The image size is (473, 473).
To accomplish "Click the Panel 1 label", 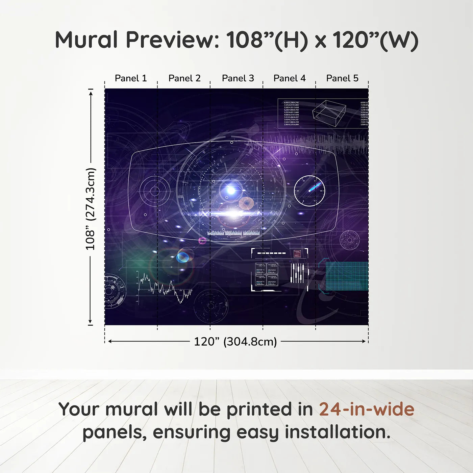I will (131, 78).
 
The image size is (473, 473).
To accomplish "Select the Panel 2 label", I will (184, 78).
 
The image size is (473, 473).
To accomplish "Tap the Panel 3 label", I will (238, 78).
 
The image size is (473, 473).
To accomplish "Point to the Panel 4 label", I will (290, 78).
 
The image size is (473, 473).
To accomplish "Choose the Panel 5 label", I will (342, 78).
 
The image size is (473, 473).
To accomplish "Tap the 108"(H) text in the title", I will (267, 40).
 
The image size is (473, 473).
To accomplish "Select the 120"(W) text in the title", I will (375, 40).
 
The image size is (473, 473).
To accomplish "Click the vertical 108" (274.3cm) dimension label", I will (91, 209).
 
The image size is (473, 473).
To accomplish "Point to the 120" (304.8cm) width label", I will (235, 342).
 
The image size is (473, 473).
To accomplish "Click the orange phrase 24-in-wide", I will (367, 409).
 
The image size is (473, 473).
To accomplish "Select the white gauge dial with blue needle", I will (309, 191).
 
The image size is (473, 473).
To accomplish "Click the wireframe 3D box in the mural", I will (329, 113).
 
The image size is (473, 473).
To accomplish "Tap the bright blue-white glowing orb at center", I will (231, 190).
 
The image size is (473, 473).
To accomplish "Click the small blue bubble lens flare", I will (183, 257).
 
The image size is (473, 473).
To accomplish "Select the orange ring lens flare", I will (246, 203).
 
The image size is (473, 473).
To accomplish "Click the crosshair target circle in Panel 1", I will (155, 191).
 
